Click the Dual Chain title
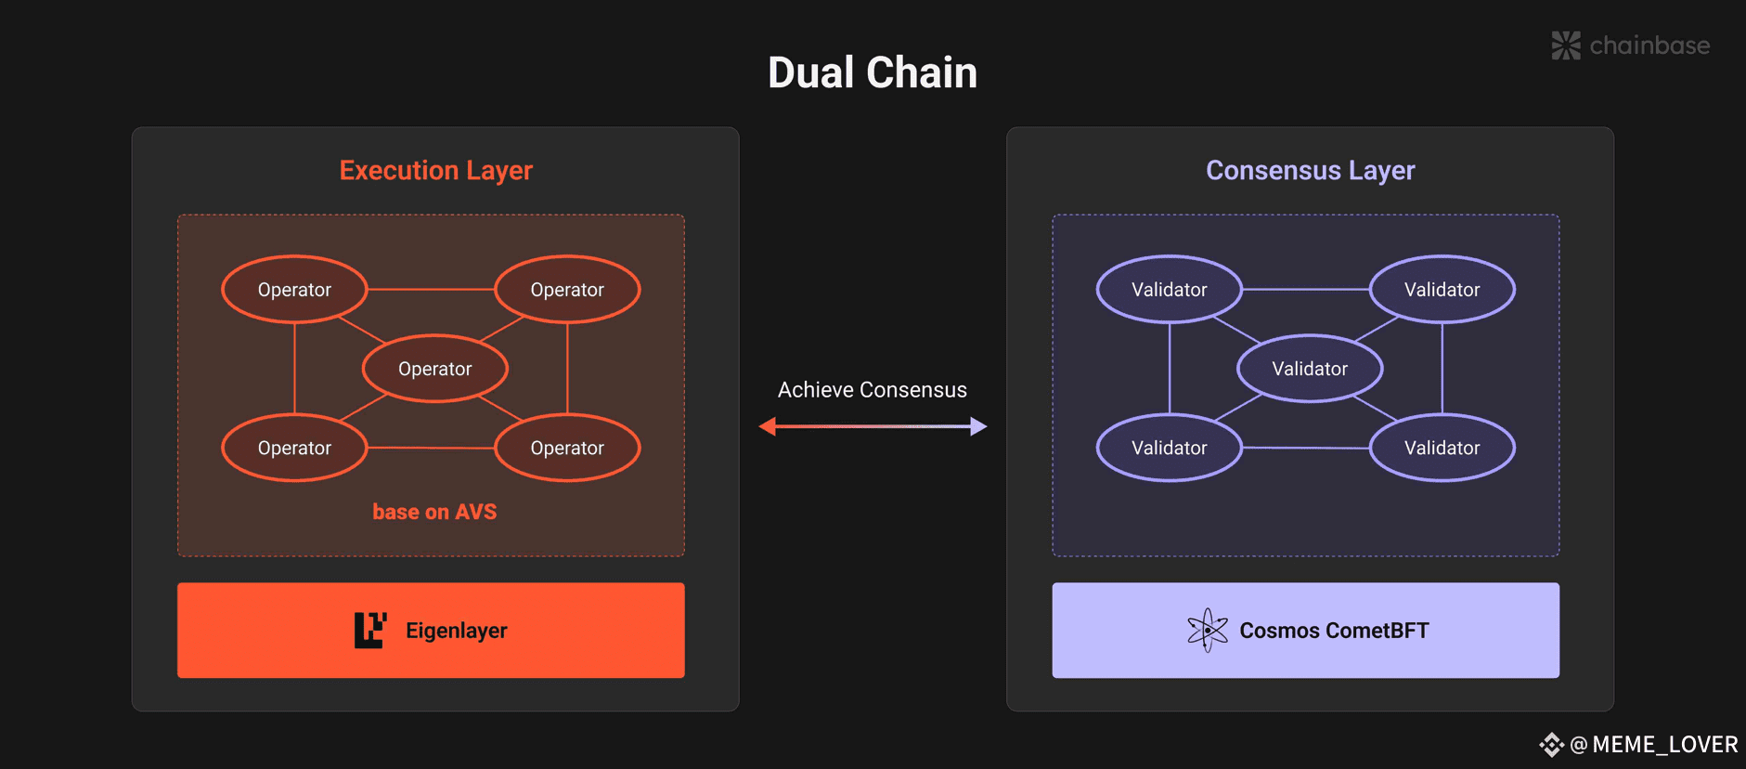point(873,72)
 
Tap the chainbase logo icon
point(1566,46)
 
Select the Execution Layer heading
point(436,171)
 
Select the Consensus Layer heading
point(1310,171)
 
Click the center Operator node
point(435,369)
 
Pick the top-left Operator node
point(294,290)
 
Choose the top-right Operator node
point(567,290)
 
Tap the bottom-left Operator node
point(294,448)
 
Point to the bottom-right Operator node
point(567,448)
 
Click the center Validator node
point(1310,369)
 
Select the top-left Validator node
point(1170,290)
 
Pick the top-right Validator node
point(1442,290)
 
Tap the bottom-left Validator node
point(1170,448)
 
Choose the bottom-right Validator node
point(1442,448)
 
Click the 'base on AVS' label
point(434,512)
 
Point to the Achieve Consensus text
point(873,390)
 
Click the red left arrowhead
point(768,426)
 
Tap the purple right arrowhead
point(978,426)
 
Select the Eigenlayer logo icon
point(370,631)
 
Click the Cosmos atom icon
point(1208,631)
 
